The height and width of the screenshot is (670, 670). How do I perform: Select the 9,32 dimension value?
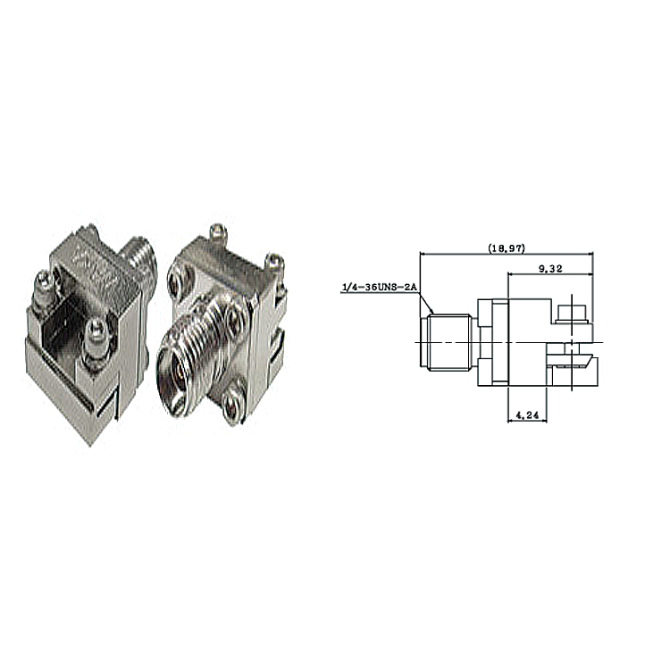[x=550, y=269]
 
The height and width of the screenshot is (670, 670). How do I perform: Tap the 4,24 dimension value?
[x=527, y=415]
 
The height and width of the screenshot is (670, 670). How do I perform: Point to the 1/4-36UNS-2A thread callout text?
[x=379, y=288]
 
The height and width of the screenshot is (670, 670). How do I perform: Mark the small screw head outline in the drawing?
[x=572, y=314]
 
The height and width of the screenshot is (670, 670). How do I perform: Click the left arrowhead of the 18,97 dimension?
[x=423, y=255]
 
